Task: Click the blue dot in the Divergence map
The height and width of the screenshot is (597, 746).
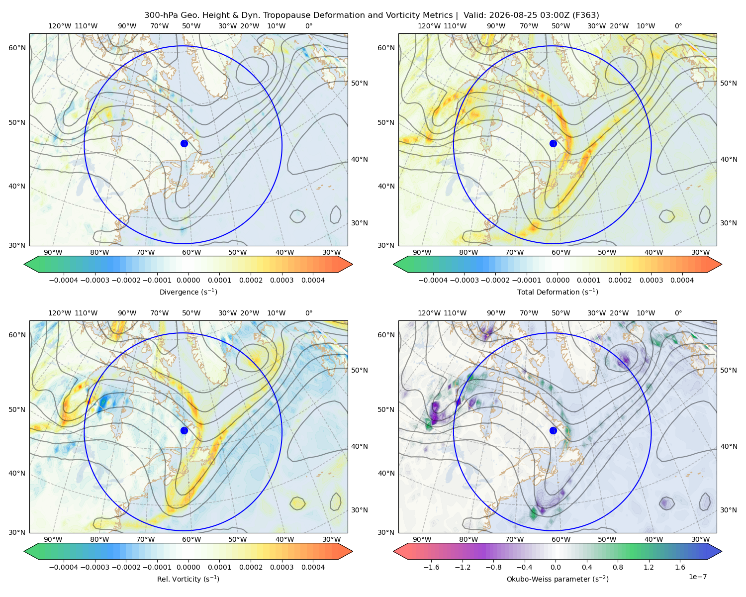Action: tap(184, 143)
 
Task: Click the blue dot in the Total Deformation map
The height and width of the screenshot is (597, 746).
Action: tap(553, 143)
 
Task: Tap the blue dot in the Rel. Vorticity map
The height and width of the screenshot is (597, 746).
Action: tap(184, 430)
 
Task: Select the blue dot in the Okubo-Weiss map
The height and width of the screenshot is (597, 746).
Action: tap(553, 430)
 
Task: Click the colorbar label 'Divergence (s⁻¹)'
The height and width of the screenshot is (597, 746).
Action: tap(188, 292)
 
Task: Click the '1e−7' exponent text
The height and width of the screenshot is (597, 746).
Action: tap(697, 577)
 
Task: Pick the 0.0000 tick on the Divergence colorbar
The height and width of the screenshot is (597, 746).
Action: tap(188, 280)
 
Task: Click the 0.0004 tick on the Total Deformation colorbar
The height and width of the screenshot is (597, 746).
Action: tap(682, 280)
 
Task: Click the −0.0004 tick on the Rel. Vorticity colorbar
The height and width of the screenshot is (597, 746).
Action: tap(64, 567)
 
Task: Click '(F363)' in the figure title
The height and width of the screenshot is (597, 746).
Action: tap(586, 15)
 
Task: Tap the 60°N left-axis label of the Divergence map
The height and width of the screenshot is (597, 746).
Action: tap(17, 48)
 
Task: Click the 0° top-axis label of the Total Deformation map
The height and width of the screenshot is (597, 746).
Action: tap(678, 26)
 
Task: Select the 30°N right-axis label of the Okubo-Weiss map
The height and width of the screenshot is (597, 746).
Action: tap(728, 510)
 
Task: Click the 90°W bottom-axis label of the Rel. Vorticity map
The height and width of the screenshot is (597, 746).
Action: tap(53, 539)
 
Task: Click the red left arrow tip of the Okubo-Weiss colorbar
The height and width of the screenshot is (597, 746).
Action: tap(393, 551)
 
